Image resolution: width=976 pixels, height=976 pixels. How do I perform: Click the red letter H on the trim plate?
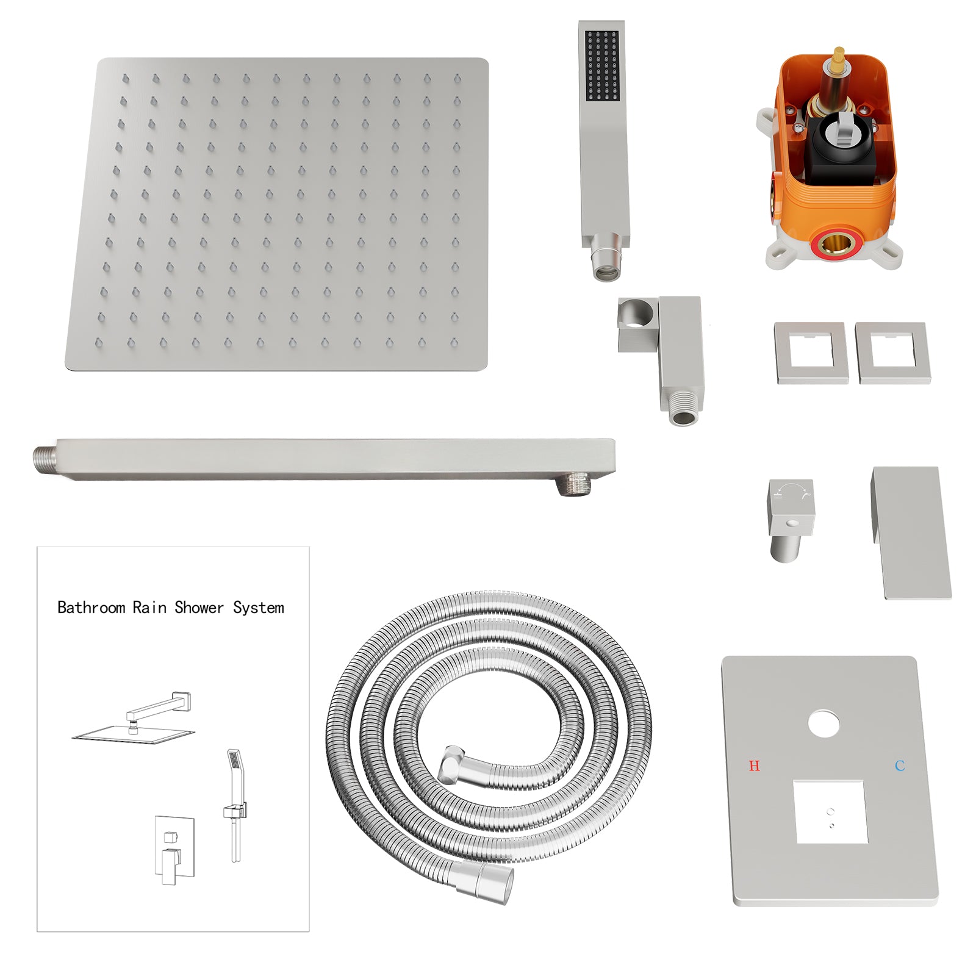[x=754, y=766]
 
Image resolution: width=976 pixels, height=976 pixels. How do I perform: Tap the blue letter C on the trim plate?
[x=900, y=766]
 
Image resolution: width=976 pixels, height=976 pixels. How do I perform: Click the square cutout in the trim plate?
[x=830, y=812]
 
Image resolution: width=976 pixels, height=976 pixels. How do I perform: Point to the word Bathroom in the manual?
[x=91, y=608]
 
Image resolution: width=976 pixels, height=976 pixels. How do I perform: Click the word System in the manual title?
[x=259, y=608]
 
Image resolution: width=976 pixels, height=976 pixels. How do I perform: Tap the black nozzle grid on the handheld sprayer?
[x=602, y=66]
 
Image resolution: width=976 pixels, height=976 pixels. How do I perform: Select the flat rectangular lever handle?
[x=911, y=533]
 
